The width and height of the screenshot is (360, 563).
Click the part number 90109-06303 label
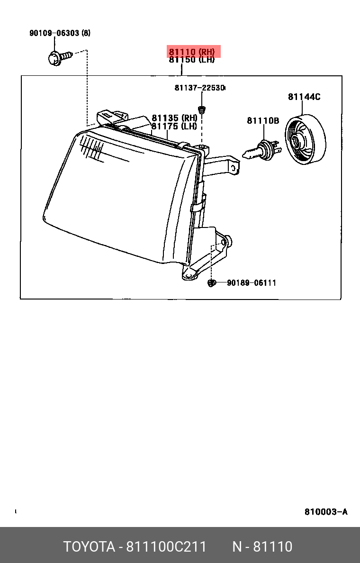(x=54, y=33)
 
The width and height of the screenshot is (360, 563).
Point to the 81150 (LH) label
(x=192, y=60)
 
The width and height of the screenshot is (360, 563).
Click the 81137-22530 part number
(x=199, y=88)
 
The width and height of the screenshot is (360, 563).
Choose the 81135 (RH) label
(x=174, y=118)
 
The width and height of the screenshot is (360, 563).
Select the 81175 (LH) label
(x=174, y=127)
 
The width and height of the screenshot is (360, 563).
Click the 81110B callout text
(x=263, y=121)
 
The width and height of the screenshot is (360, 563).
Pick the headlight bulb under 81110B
(x=262, y=150)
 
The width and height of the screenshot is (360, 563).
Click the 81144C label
(x=305, y=97)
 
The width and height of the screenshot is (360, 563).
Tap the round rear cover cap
(x=306, y=140)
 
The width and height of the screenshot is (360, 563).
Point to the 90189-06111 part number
(x=252, y=283)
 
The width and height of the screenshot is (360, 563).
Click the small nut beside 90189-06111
(x=211, y=283)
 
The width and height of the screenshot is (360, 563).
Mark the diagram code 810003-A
(x=326, y=512)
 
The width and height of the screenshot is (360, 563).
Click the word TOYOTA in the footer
(x=90, y=546)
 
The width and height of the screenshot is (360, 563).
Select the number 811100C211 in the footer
(x=166, y=546)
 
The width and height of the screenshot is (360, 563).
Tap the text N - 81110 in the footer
(x=262, y=546)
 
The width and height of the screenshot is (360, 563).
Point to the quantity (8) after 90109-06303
(x=86, y=33)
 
